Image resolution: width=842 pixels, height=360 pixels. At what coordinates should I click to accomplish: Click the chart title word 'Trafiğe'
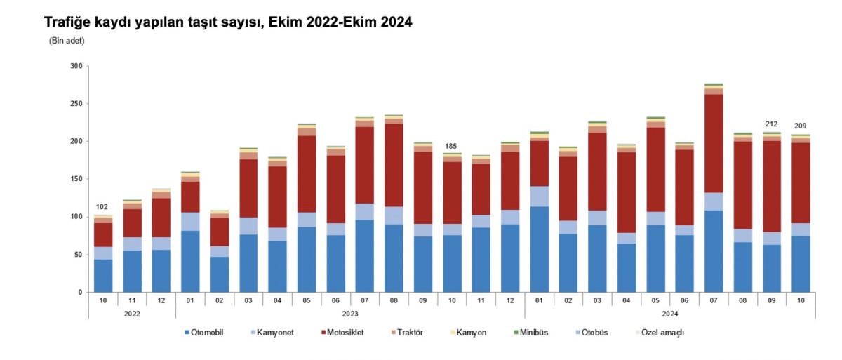pos(67,22)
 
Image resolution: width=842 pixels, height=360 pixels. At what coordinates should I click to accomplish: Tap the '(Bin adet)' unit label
pos(67,41)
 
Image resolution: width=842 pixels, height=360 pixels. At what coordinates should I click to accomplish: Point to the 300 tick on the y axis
pos(76,66)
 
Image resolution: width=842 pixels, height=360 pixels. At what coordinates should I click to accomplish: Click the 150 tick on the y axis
pos(76,179)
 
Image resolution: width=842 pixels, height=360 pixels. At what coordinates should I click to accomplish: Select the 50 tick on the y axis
pos(78,254)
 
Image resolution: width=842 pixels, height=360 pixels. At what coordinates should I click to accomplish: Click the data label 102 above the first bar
pos(103,207)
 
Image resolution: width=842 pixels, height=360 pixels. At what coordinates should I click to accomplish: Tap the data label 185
pos(450,146)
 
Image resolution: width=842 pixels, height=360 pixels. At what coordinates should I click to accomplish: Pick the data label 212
pos(771,125)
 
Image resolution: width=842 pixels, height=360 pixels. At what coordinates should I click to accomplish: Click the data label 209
pos(800,126)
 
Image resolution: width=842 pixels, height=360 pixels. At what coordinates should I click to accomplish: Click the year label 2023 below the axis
pos(349,314)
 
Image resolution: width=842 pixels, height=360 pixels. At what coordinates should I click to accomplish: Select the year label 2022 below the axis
pos(132,314)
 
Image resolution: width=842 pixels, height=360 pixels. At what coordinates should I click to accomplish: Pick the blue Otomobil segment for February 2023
pos(220,274)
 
